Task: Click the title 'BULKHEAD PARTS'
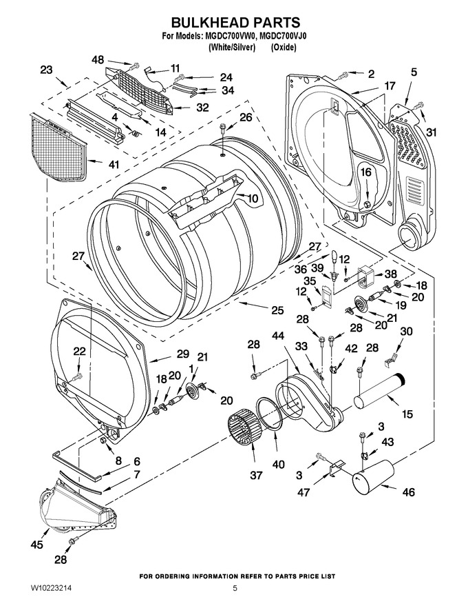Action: click(x=235, y=22)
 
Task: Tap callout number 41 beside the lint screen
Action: click(x=114, y=164)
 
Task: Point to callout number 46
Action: click(x=409, y=492)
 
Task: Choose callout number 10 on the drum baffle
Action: click(x=253, y=199)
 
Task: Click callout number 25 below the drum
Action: click(x=277, y=310)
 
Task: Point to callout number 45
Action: click(x=36, y=545)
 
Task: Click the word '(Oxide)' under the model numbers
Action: click(x=284, y=48)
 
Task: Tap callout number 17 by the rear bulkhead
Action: click(x=390, y=85)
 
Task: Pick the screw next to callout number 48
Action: click(x=135, y=66)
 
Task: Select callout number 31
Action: click(x=432, y=132)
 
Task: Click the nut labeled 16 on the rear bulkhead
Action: click(x=367, y=203)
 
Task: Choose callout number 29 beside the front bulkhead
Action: click(x=183, y=354)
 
